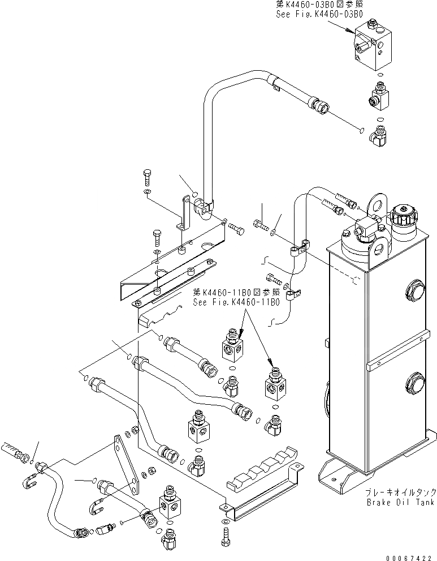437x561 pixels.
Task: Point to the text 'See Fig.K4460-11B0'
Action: click(x=236, y=302)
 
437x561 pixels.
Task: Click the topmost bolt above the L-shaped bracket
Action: click(x=146, y=177)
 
